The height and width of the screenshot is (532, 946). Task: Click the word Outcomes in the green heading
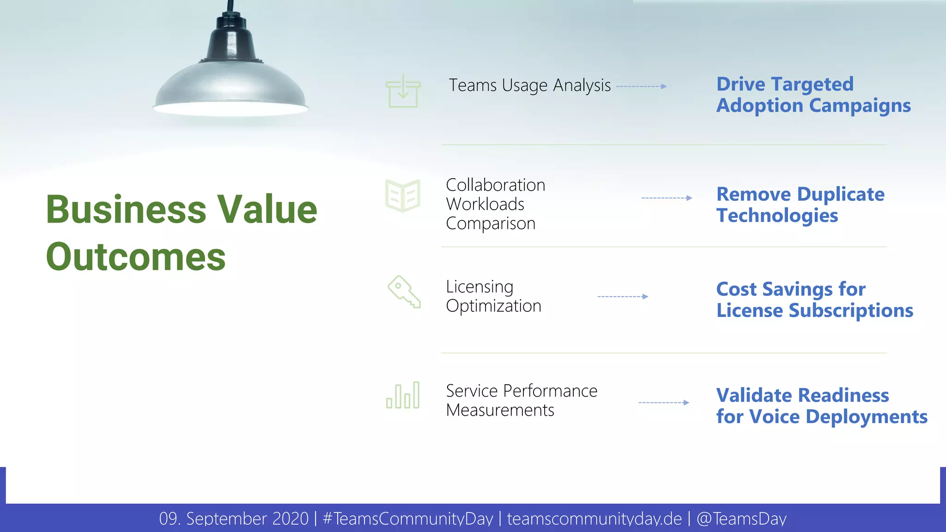point(136,257)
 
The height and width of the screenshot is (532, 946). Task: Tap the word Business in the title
point(126,209)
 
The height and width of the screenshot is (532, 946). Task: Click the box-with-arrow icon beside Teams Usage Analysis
point(403,92)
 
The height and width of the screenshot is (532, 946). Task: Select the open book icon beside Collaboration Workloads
point(403,196)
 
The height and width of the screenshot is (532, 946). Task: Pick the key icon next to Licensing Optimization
point(404,292)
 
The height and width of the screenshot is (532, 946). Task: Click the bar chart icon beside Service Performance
point(403,396)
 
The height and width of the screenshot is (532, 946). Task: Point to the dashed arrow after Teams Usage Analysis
point(641,86)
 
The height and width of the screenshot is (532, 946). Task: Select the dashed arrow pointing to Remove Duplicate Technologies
point(667,198)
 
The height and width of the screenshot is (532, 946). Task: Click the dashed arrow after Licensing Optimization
point(623,296)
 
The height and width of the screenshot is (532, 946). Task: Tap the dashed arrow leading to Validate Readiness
point(664,403)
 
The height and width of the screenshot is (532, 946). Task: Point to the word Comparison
point(491,224)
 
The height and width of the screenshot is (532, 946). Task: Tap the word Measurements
point(500,410)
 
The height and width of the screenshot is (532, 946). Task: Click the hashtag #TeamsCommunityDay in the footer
point(408,519)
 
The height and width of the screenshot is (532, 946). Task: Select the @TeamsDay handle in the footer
point(741,519)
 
